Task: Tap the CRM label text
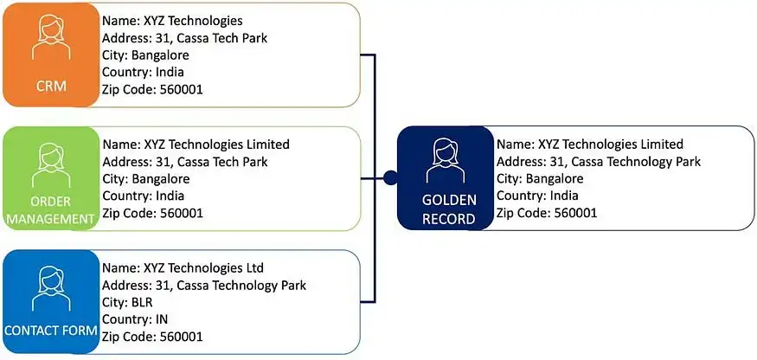tap(50, 87)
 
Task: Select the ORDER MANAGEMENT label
tap(49, 211)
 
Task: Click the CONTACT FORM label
tap(49, 331)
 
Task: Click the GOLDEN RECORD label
tap(448, 209)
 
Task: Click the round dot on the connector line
tap(390, 179)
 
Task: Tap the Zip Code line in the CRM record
tap(153, 89)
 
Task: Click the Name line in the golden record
tap(590, 145)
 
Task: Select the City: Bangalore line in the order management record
tap(145, 178)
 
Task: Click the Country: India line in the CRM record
tap(143, 72)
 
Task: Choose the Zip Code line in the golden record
tap(547, 213)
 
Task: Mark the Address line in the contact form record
tap(204, 286)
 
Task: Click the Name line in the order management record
tap(196, 145)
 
